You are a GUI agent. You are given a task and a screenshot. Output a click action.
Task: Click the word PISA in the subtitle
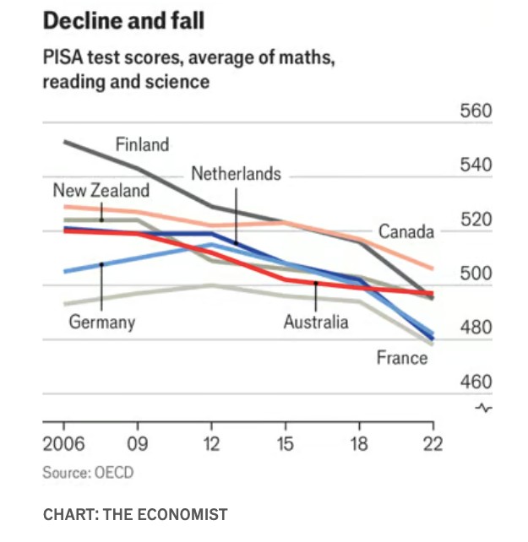[x=63, y=60]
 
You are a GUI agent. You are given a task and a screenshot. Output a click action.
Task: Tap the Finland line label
[x=142, y=144]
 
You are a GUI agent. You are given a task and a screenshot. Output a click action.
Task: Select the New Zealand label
[x=101, y=191]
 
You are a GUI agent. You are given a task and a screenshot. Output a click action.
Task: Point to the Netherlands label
[x=236, y=174]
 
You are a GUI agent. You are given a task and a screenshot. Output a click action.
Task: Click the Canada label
[x=406, y=231]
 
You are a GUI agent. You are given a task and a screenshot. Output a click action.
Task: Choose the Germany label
[x=101, y=322]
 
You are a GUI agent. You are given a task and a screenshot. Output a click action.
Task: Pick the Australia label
[x=315, y=322]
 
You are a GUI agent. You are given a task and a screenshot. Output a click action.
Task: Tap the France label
[x=402, y=358]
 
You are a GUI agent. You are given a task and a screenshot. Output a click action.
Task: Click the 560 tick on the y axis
[x=476, y=112]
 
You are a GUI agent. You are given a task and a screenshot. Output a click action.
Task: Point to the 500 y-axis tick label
[x=476, y=274]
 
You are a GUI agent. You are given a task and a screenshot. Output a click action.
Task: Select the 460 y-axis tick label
[x=476, y=382]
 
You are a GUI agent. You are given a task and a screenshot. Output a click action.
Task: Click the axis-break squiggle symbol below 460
[x=483, y=409]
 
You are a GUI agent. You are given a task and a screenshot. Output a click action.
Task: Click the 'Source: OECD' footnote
[x=88, y=473]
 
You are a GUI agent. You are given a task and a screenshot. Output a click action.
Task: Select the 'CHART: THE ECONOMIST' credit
[x=134, y=514]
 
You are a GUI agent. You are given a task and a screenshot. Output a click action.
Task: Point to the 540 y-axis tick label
[x=476, y=165]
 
